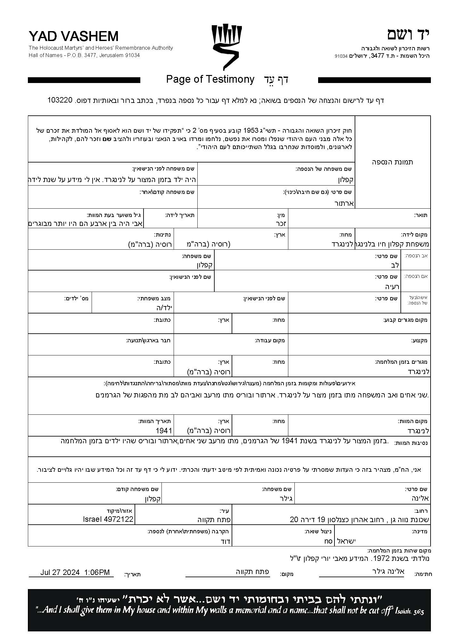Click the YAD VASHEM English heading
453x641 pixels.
tap(73, 37)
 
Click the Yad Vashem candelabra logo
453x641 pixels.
tap(226, 47)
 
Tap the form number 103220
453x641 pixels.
tap(60, 100)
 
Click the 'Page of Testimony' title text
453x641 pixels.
tap(210, 79)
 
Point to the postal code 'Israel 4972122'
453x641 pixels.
tap(108, 519)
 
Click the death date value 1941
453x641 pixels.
tap(164, 430)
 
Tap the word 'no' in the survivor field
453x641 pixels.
tap(328, 541)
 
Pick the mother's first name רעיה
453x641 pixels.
tap(392, 286)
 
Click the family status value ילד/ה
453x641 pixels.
tap(164, 308)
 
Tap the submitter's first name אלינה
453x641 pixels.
tap(420, 498)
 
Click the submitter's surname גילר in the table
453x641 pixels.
tap(284, 499)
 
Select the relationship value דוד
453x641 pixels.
tap(226, 541)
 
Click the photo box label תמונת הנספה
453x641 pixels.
tap(392, 162)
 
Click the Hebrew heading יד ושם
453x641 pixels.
tap(408, 35)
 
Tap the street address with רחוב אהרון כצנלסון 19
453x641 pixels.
tap(359, 520)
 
